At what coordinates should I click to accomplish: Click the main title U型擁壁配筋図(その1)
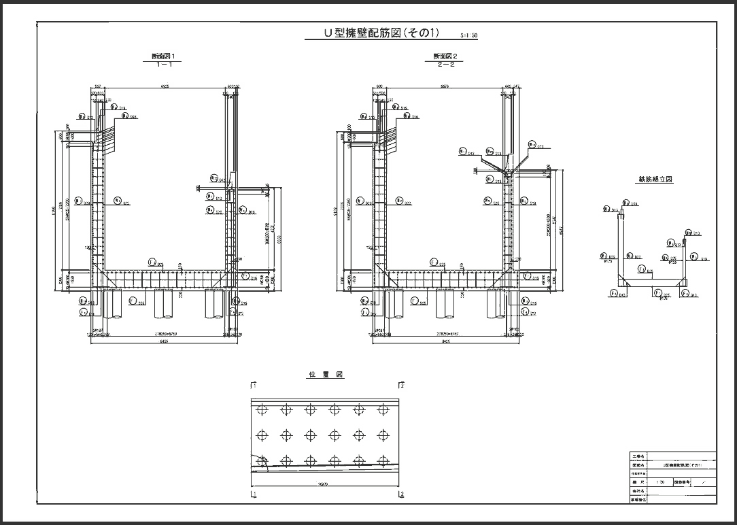(x=382, y=33)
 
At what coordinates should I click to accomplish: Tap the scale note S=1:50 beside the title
(x=469, y=34)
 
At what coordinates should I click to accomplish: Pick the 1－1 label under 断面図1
(x=163, y=65)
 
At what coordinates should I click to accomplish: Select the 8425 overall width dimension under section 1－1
(x=163, y=342)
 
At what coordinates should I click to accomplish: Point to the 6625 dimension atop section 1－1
(x=165, y=87)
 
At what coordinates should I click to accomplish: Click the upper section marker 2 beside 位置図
(x=402, y=386)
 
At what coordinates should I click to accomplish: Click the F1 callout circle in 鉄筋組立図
(x=613, y=293)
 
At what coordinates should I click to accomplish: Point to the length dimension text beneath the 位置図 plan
(x=327, y=485)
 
